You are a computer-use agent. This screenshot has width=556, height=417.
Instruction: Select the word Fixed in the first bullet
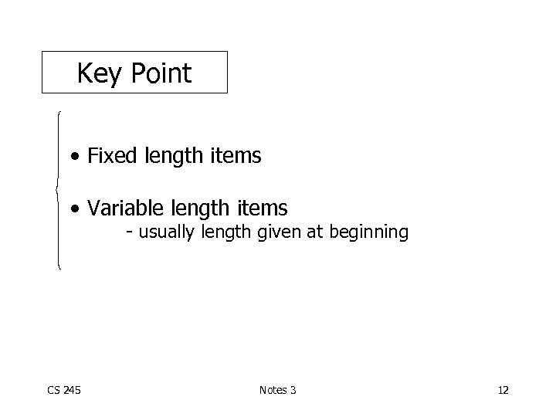click(x=110, y=157)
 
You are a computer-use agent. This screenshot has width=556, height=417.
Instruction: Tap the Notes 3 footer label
click(x=277, y=390)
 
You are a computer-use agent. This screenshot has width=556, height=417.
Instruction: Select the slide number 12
click(x=503, y=390)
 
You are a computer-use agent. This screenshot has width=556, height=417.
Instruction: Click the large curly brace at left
click(x=56, y=189)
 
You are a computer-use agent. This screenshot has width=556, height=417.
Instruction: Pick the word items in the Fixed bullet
click(x=236, y=157)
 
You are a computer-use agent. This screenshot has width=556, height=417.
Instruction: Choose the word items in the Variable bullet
click(x=263, y=208)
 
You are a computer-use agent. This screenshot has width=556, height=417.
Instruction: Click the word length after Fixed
click(x=175, y=157)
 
